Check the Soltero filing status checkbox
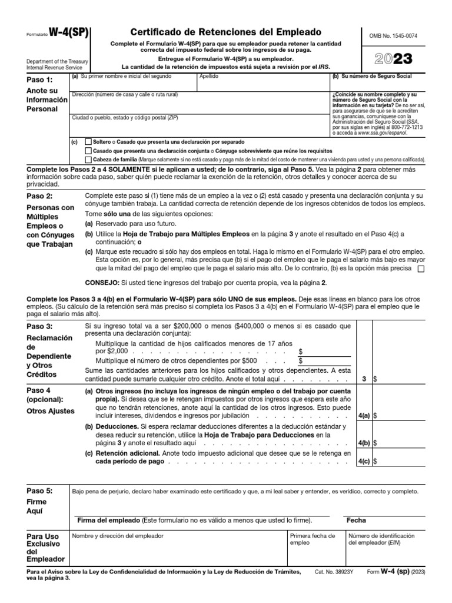89,142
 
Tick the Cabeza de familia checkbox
89,160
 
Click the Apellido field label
209,77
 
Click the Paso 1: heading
40,79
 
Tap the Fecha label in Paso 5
355,520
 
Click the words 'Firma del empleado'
108,520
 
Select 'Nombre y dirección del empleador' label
118,536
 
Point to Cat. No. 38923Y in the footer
336,572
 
